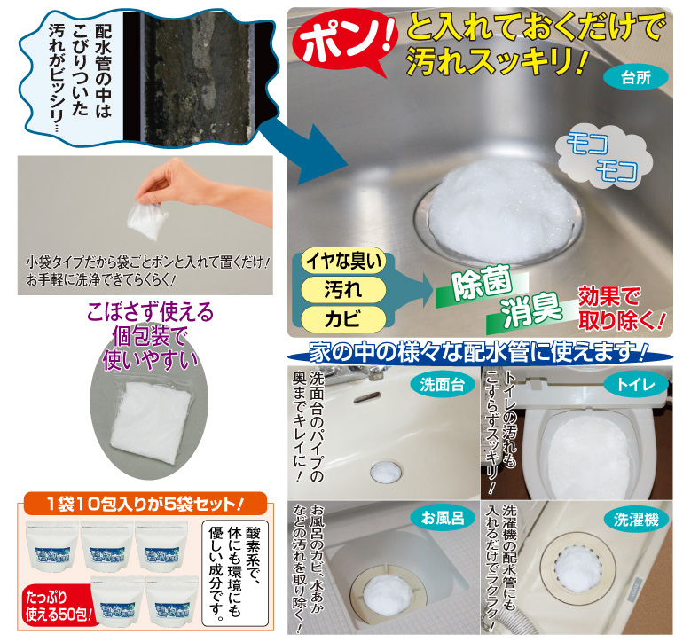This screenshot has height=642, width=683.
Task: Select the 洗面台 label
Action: (x=438, y=384)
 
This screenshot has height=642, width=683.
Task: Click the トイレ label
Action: (x=637, y=384)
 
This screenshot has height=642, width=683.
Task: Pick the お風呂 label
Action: (x=436, y=518)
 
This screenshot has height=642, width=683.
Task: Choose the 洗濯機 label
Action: (x=635, y=518)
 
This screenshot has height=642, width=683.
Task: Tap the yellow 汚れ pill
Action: (x=342, y=290)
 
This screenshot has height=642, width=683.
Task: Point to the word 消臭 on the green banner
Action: (x=533, y=310)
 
